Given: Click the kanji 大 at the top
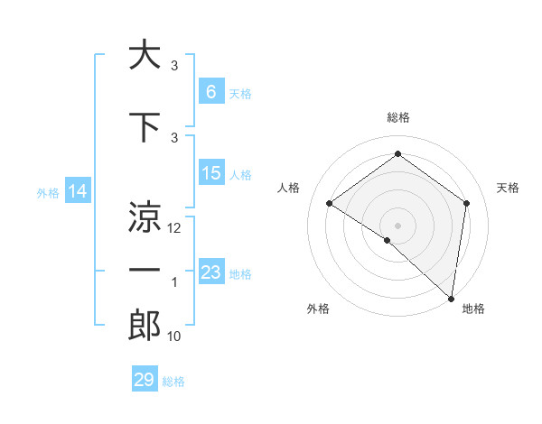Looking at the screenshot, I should click(x=145, y=55).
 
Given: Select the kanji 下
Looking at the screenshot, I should click(x=145, y=126).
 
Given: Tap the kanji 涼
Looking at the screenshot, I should click(x=145, y=217).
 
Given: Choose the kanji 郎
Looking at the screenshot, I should click(x=145, y=325).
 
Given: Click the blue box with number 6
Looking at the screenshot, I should click(x=210, y=92).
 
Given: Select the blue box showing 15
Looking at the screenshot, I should click(x=210, y=173).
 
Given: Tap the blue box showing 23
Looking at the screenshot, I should click(x=210, y=272).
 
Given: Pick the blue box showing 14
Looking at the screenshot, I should click(x=78, y=191).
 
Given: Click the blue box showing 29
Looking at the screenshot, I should click(x=145, y=380).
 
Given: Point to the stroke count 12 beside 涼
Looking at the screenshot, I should click(x=175, y=228).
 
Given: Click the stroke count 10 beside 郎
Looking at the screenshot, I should click(x=174, y=336).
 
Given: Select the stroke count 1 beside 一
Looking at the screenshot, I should click(x=174, y=283).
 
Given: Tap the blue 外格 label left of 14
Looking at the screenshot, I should click(x=47, y=192).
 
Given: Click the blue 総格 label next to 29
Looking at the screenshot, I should click(x=173, y=381).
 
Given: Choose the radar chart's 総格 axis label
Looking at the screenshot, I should click(x=397, y=118).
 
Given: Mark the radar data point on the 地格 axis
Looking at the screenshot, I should click(x=451, y=298).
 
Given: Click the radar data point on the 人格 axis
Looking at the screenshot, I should click(x=330, y=203).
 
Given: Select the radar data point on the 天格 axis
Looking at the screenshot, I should click(x=466, y=203).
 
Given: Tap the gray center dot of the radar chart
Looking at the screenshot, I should click(x=397, y=225).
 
